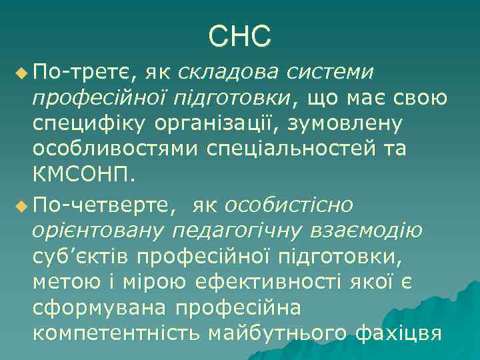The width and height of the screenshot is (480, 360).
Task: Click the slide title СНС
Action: (239, 37)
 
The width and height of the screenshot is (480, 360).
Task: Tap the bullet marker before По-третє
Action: (21, 71)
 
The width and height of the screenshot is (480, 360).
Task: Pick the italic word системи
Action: (329, 71)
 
